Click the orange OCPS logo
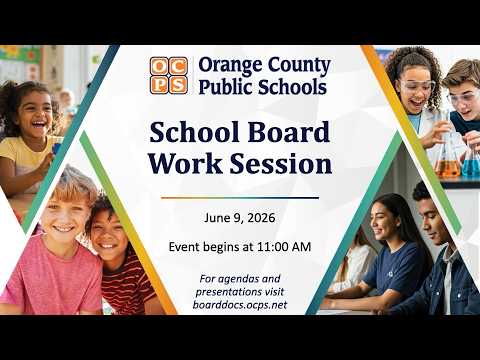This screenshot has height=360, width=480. tap(168, 75)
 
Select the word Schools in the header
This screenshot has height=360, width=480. tap(292, 87)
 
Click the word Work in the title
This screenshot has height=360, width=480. tap(185, 164)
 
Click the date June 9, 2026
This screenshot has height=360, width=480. tap(240, 218)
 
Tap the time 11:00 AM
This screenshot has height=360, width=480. tap(284, 247)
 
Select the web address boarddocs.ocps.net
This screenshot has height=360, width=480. tap(240, 305)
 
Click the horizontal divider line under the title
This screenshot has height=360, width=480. tap(240, 198)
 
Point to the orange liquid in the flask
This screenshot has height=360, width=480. tap(448, 168)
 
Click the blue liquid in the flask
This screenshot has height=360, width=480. tap(471, 167)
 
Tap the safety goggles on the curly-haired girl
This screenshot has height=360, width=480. tap(418, 86)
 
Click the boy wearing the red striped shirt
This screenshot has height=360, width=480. tap(120, 257)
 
